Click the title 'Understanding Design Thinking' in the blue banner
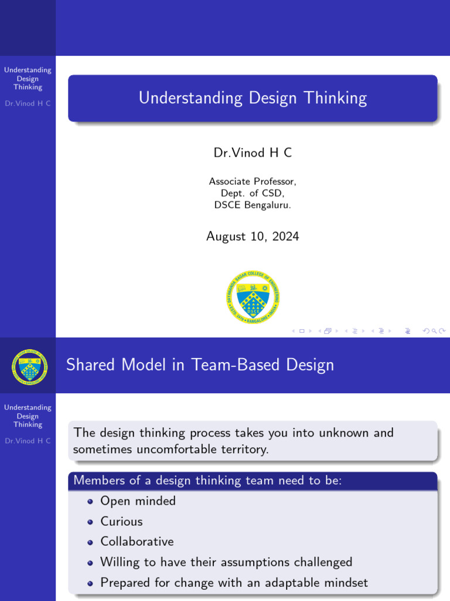[x=253, y=98]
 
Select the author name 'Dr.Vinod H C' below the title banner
[x=253, y=153]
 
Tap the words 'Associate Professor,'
[x=253, y=181]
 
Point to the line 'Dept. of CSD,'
[x=253, y=193]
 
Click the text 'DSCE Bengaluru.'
[x=253, y=205]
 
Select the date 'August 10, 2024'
[x=253, y=237]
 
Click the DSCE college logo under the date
[x=253, y=297]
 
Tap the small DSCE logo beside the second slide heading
[x=29, y=366]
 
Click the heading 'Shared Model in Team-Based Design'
[x=200, y=365]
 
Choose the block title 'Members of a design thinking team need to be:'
[x=207, y=481]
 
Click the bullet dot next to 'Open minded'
[x=90, y=502]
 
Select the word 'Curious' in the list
[x=121, y=521]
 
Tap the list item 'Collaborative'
[x=137, y=541]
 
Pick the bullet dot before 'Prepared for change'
[x=90, y=583]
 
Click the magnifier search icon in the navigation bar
[x=434, y=331]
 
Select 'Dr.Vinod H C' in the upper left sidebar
[x=28, y=103]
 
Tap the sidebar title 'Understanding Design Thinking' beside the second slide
[x=28, y=416]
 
